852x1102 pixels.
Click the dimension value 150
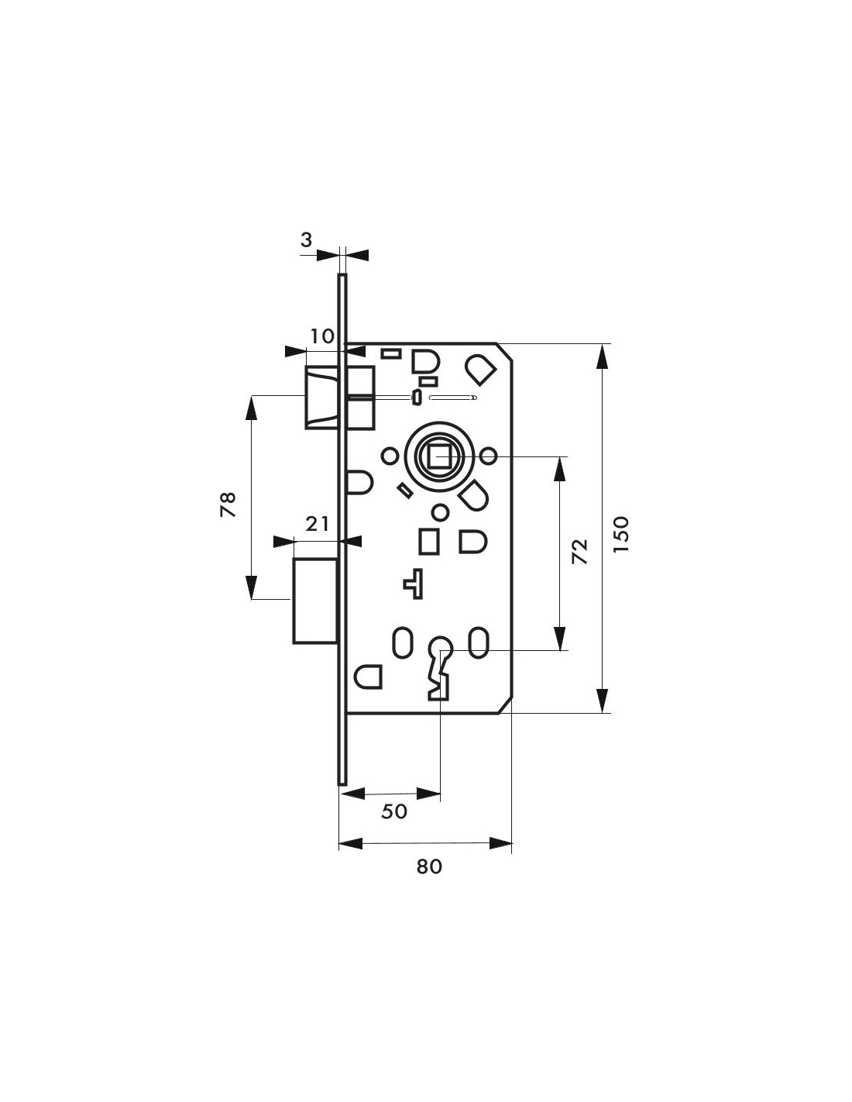pyautogui.click(x=621, y=535)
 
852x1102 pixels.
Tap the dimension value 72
pyautogui.click(x=579, y=552)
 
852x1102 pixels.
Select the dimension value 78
pyautogui.click(x=228, y=504)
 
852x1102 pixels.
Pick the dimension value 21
pyautogui.click(x=318, y=524)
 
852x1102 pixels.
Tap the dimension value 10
pyautogui.click(x=322, y=336)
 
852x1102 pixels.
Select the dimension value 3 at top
pyautogui.click(x=306, y=240)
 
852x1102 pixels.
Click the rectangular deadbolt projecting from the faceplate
pyautogui.click(x=315, y=601)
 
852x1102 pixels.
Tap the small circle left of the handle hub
pyautogui.click(x=390, y=456)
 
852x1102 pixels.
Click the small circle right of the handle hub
pyautogui.click(x=488, y=456)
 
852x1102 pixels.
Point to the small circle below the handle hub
pyautogui.click(x=441, y=513)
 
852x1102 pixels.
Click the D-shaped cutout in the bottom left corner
pyautogui.click(x=367, y=677)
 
